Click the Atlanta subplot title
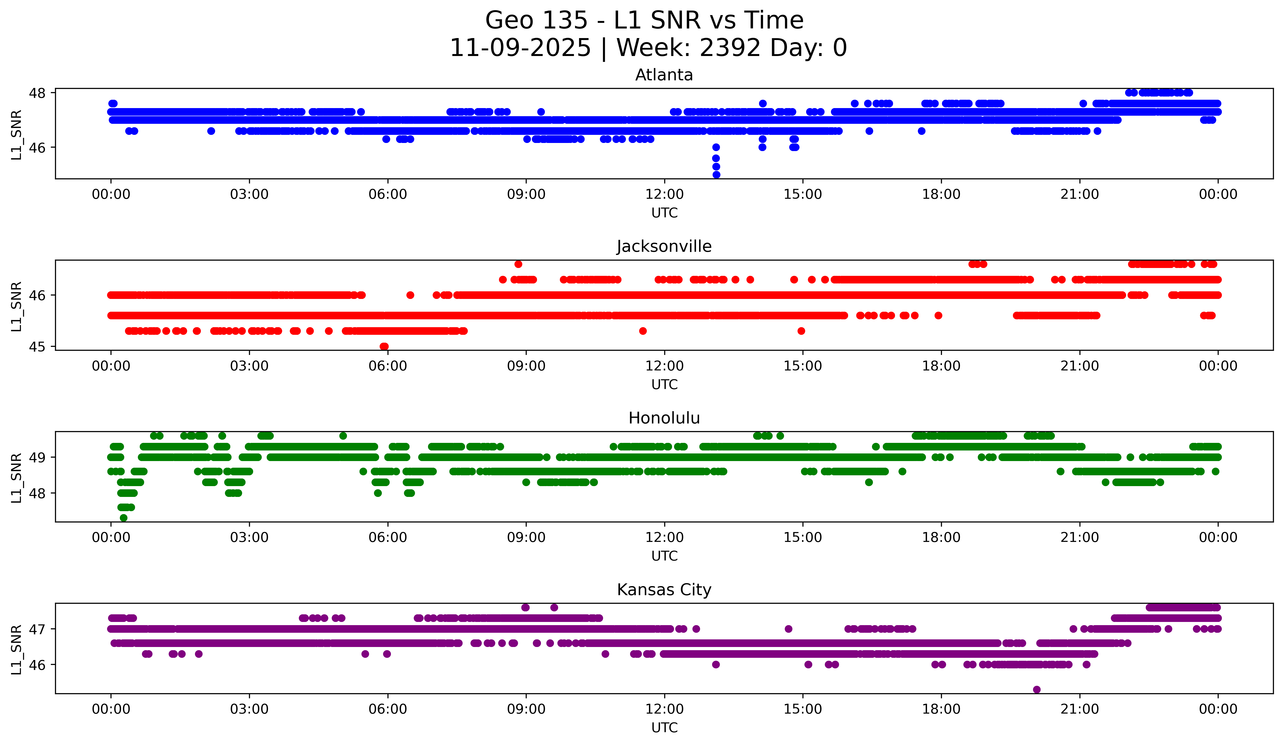664,75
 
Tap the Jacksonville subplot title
664,246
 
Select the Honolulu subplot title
664,418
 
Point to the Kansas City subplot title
664,590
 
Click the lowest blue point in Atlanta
716,175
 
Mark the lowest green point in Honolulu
123,518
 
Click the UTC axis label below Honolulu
664,556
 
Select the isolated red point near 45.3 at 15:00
801,331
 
